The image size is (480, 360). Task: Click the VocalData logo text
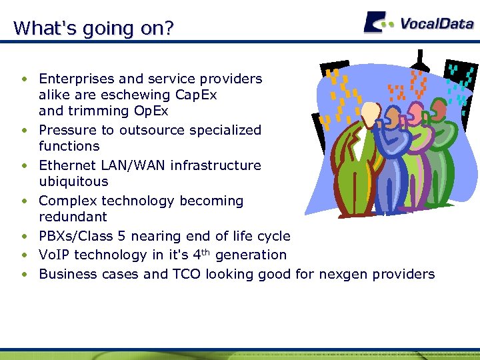tap(437, 24)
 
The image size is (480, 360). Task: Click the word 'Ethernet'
tap(67, 165)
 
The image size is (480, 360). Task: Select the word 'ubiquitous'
tap(73, 181)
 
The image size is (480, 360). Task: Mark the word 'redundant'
tap(73, 217)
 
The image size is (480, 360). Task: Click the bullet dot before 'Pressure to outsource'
tap(23, 130)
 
